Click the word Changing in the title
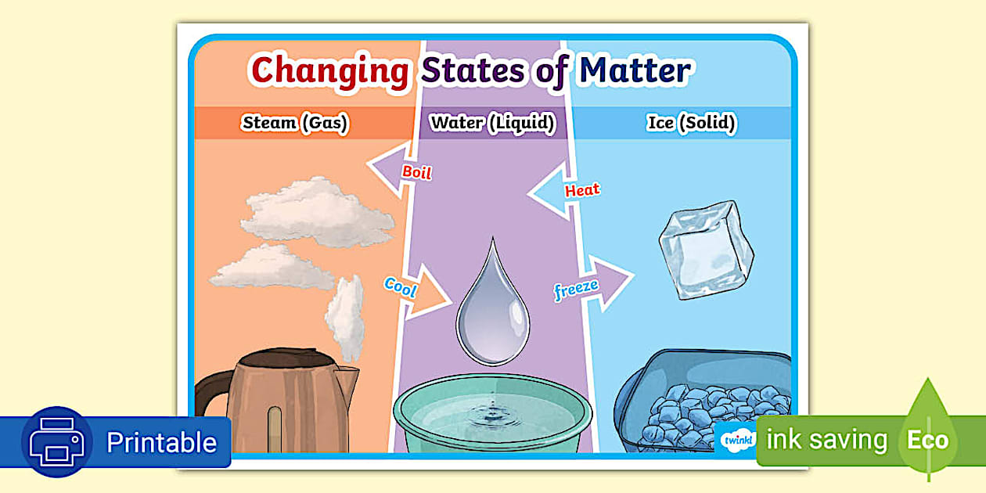pos(329,70)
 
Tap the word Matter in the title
pos(635,70)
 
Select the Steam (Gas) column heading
pos(295,122)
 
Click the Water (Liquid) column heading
pos(492,122)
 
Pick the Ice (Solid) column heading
pos(692,123)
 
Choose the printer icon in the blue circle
pos(57,442)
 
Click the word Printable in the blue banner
pos(161,443)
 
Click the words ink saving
pos(826,440)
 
